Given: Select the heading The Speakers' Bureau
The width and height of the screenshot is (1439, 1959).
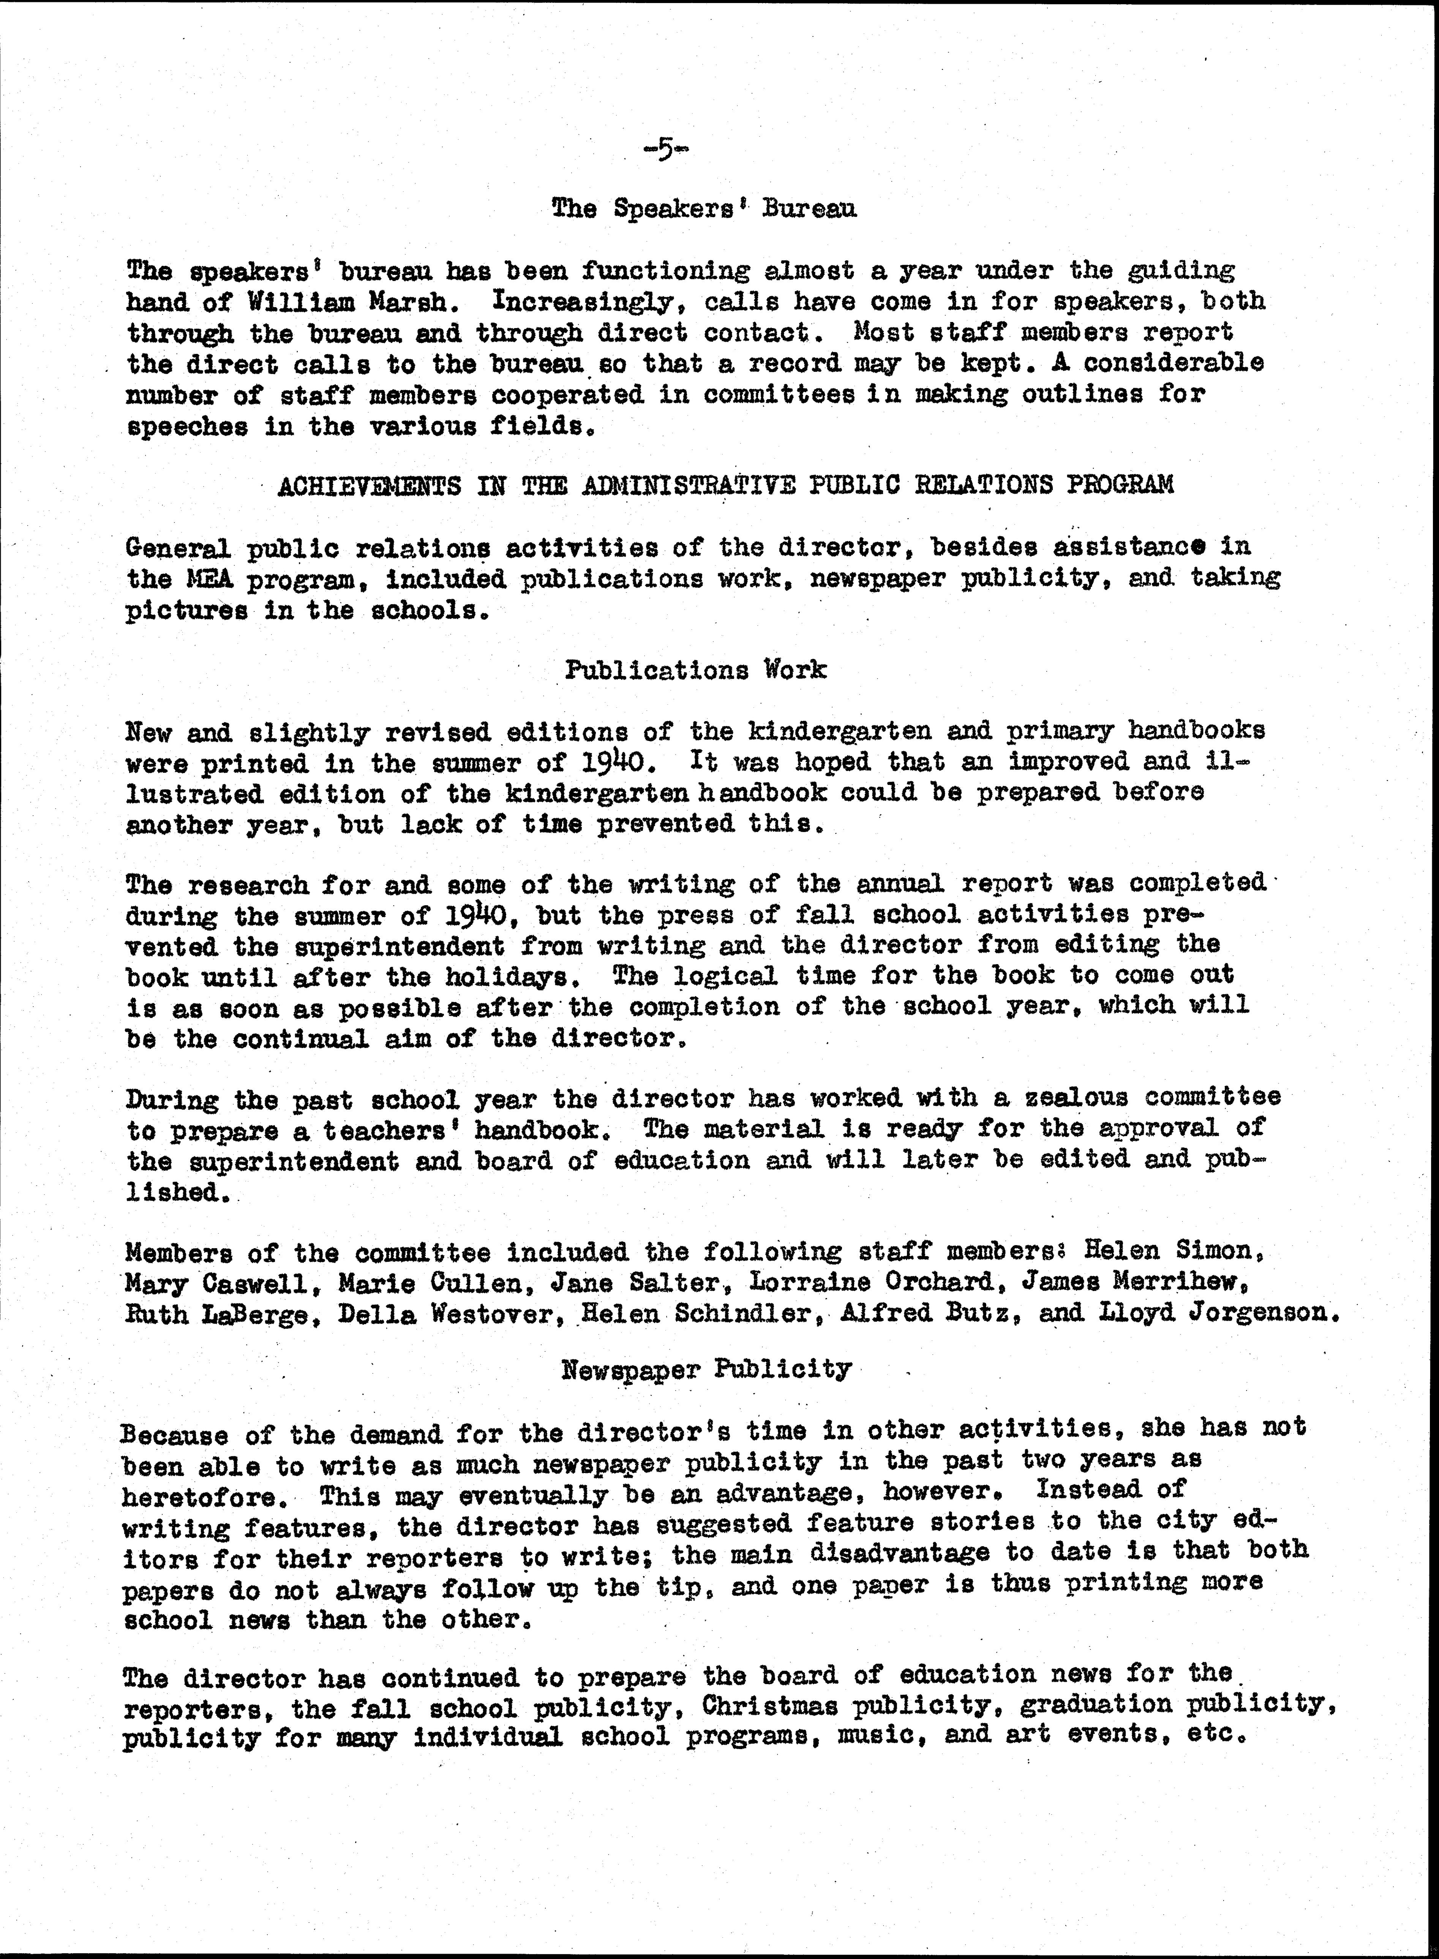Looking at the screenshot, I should pyautogui.click(x=704, y=209).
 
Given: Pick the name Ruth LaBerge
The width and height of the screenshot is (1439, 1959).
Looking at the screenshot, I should pyautogui.click(x=216, y=1313).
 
